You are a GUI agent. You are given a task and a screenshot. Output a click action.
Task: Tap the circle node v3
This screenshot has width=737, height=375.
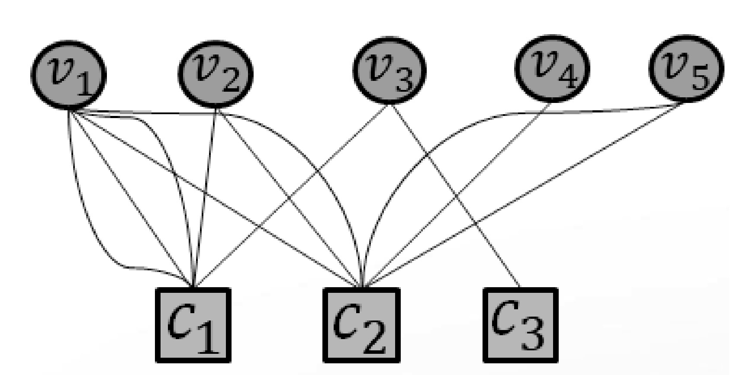(x=389, y=70)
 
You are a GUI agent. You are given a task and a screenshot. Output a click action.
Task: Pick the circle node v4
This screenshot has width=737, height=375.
(x=552, y=69)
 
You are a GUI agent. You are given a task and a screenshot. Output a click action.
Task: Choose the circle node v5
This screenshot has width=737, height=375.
(x=686, y=69)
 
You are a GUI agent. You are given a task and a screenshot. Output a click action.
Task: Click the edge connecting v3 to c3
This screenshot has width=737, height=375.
(x=454, y=195)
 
